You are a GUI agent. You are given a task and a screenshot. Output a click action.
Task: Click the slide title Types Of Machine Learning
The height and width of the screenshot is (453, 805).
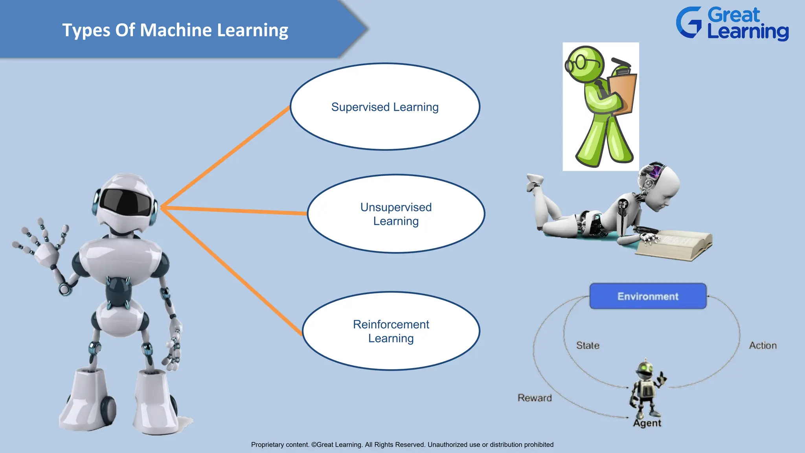[x=175, y=30]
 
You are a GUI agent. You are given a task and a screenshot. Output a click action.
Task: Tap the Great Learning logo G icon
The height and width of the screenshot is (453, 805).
[x=689, y=23]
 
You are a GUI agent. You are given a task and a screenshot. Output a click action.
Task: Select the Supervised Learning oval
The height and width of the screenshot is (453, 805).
[x=385, y=107]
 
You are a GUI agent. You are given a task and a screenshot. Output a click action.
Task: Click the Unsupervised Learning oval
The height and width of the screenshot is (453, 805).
[x=396, y=214]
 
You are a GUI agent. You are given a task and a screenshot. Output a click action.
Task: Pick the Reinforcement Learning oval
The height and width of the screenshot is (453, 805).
[x=391, y=331]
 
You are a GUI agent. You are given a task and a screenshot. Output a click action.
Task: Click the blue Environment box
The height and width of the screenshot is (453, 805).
[x=648, y=296]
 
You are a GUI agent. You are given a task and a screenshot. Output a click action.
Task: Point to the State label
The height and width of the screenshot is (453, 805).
[x=588, y=346]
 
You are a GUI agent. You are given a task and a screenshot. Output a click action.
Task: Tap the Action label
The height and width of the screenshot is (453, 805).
[x=763, y=346]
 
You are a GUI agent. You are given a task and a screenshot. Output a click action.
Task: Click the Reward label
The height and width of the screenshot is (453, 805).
[x=535, y=398]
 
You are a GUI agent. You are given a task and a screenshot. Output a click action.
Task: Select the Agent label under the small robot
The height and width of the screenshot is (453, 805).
[x=647, y=423]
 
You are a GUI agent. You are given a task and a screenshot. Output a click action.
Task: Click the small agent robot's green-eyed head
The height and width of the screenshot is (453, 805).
[x=645, y=369]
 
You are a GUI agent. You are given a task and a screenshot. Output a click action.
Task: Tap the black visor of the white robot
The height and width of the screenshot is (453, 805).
[x=125, y=201]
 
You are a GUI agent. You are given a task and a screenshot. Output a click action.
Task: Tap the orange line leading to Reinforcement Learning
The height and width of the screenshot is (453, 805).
[x=232, y=271]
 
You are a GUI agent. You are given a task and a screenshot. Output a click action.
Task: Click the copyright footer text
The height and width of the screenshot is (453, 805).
[x=402, y=445]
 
